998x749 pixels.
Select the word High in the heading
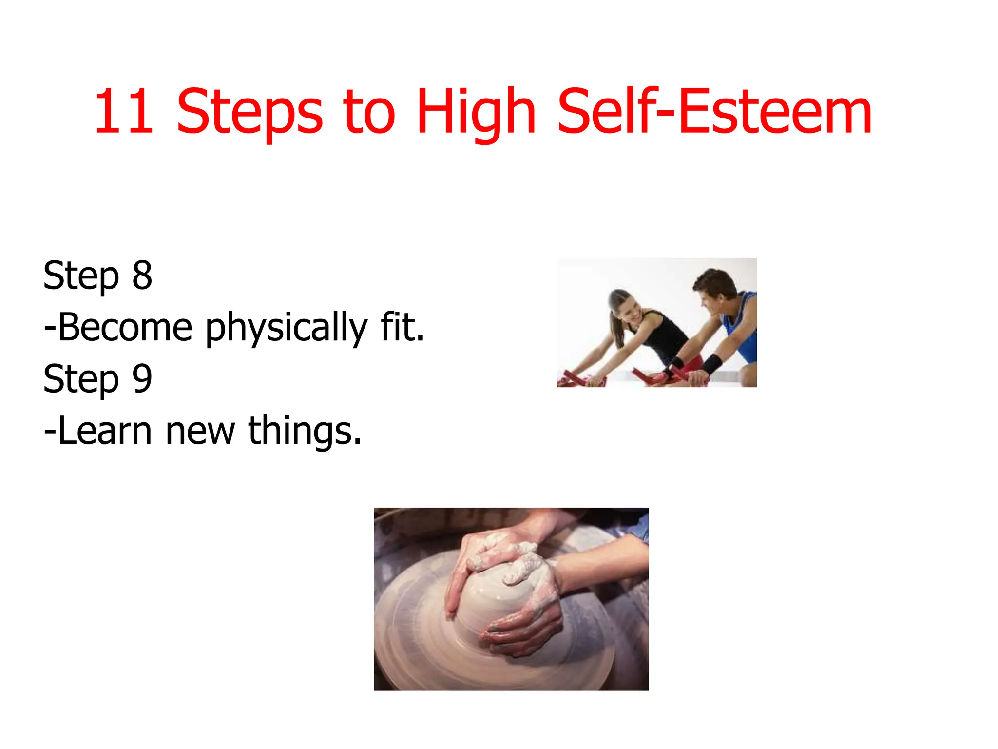(x=476, y=113)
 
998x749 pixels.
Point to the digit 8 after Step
(x=142, y=276)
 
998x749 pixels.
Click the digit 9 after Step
(x=142, y=379)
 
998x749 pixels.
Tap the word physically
(x=286, y=329)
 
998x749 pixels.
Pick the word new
(x=200, y=432)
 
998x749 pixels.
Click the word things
(x=305, y=432)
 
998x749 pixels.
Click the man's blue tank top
(x=742, y=332)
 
